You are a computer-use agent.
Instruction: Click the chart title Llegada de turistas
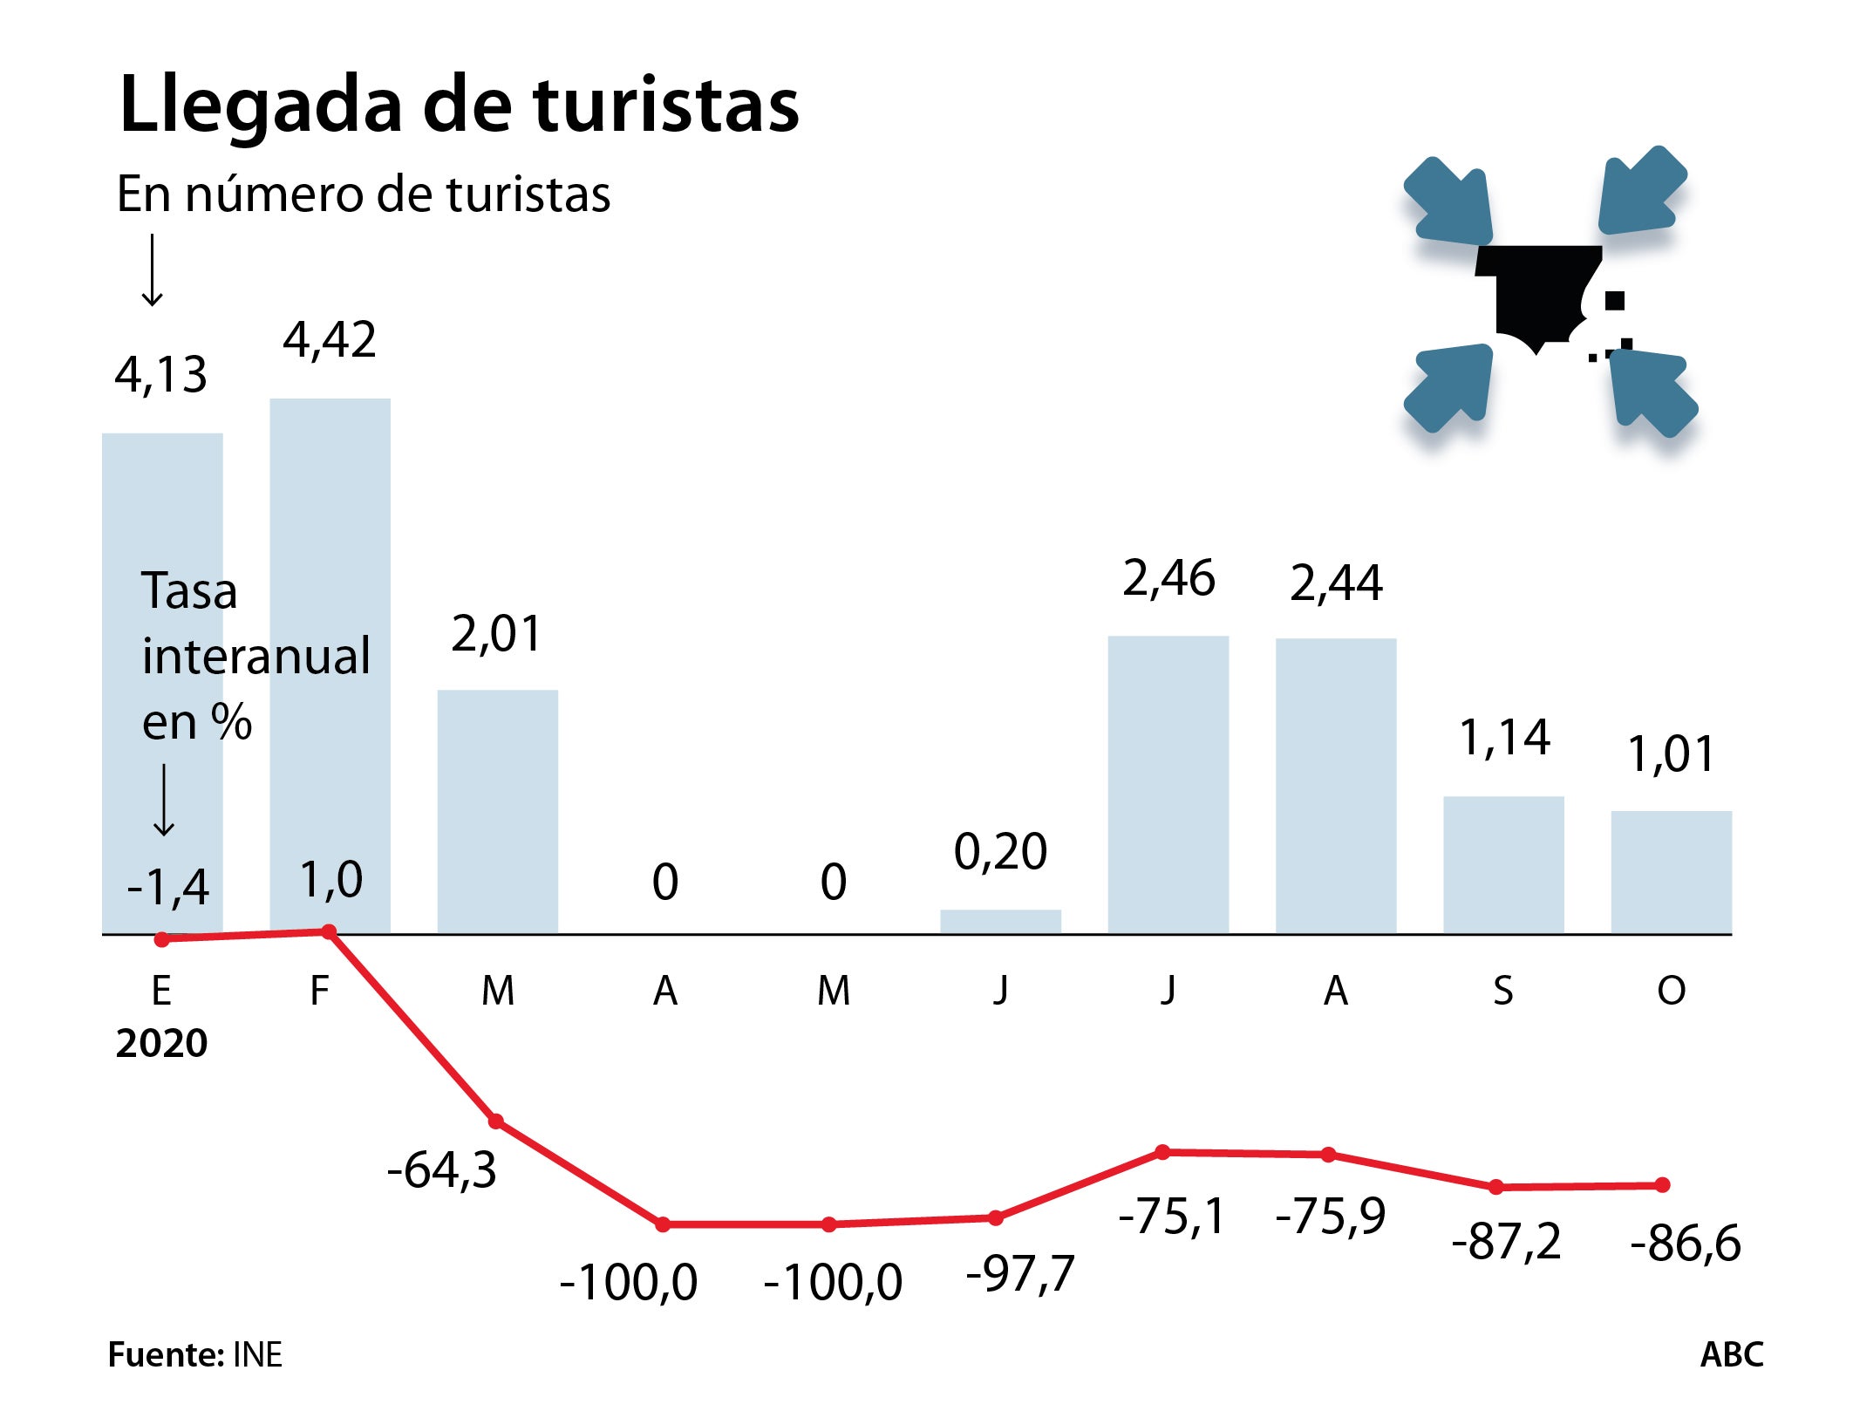pos(459,105)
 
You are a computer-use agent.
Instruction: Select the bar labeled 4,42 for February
pos(330,663)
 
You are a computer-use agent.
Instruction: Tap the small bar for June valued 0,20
pos(1000,922)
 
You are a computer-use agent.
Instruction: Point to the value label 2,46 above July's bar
pos(1168,579)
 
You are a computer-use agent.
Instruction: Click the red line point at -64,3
pos(496,1121)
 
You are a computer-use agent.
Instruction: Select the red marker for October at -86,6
pos(1662,1184)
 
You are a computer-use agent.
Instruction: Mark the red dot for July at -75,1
pos(1162,1152)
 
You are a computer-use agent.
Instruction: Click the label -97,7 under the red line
pos(1020,1274)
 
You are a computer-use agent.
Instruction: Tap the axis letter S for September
pos(1502,991)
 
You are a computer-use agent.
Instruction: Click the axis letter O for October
pos(1671,991)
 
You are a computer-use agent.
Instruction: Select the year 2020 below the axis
pos(161,1043)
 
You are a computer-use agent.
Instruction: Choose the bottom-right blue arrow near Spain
pos(1651,392)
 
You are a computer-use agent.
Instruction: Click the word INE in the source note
pos(257,1354)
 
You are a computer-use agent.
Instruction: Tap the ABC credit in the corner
pos(1731,1354)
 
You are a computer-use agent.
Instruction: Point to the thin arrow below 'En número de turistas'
pos(153,270)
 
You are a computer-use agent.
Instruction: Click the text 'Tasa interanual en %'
pos(255,656)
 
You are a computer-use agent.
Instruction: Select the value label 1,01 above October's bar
pos(1671,754)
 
